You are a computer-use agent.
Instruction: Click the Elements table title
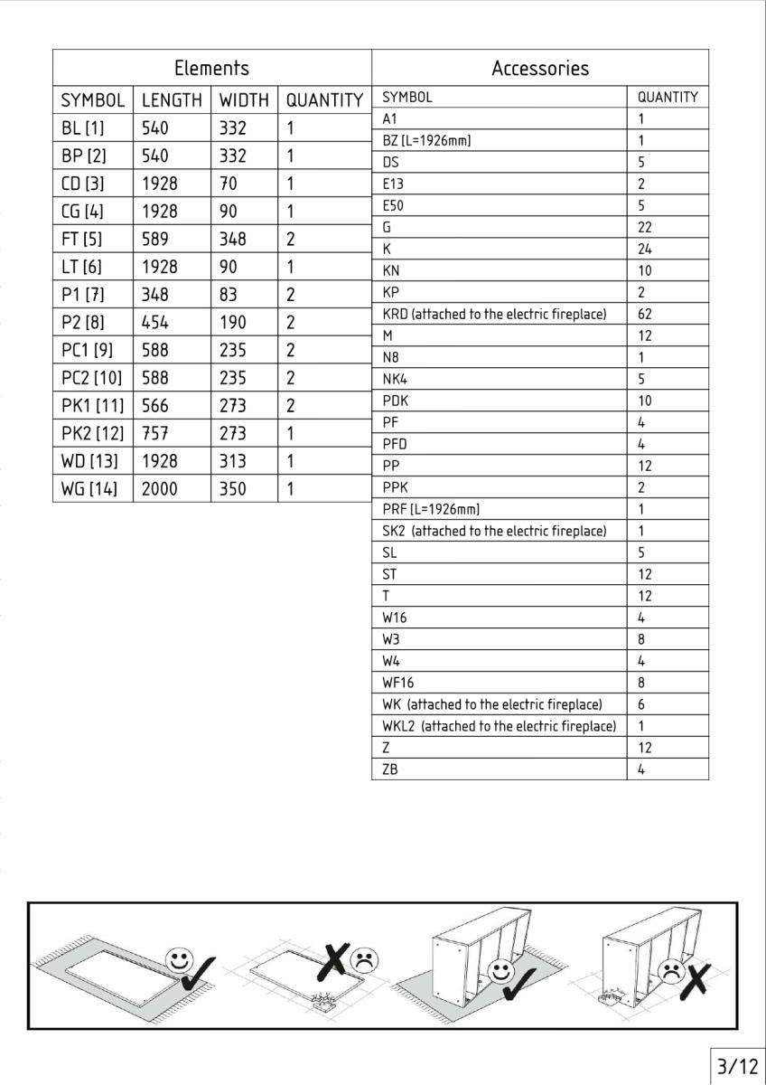click(x=211, y=68)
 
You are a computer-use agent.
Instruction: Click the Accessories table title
click(x=539, y=68)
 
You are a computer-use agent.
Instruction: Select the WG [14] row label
click(x=89, y=489)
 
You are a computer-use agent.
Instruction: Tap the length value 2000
click(x=160, y=489)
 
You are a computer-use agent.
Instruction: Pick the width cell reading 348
click(x=232, y=240)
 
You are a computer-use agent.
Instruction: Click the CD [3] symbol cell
click(x=82, y=184)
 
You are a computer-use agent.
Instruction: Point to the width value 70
click(x=229, y=184)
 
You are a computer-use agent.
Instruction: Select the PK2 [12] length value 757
click(x=155, y=433)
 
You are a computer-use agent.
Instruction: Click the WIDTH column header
click(x=244, y=99)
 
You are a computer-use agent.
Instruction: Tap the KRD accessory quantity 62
click(x=645, y=315)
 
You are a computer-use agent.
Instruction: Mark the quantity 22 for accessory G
click(x=645, y=228)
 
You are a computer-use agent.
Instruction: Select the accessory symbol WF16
click(x=398, y=683)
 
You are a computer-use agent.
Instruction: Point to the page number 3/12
click(x=737, y=1067)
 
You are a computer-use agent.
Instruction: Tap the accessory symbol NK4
click(x=396, y=380)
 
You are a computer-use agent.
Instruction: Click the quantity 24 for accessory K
click(x=645, y=250)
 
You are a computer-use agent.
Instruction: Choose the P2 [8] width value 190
click(x=232, y=323)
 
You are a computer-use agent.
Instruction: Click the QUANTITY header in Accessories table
click(x=668, y=98)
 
